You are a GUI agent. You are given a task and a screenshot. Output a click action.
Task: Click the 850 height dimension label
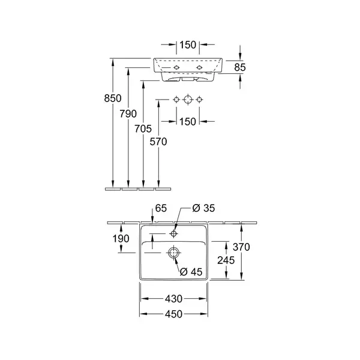(113, 98)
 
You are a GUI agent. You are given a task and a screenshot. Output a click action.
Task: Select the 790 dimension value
(128, 113)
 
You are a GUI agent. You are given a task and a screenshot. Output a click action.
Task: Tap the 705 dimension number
(143, 129)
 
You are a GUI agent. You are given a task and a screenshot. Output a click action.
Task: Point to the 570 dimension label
(158, 142)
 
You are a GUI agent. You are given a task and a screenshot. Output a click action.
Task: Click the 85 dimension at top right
(240, 67)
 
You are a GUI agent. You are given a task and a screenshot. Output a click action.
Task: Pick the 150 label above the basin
(188, 45)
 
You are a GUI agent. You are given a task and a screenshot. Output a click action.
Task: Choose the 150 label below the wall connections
(188, 121)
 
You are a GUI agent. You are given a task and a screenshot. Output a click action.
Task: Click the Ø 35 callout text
(203, 208)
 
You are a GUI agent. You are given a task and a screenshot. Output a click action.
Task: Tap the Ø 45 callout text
(191, 272)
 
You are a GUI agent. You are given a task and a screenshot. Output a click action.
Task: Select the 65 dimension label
(161, 208)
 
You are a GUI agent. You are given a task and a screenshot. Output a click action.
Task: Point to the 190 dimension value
(121, 239)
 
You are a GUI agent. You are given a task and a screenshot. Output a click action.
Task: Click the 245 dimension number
(226, 260)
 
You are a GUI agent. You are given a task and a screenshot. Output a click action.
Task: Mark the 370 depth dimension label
(241, 247)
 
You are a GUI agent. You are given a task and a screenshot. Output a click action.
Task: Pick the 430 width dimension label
(173, 299)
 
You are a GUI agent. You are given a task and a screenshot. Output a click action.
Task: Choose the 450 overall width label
(173, 314)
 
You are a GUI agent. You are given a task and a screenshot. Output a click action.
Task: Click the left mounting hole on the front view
(176, 67)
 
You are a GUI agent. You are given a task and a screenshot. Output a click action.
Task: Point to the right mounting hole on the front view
(199, 67)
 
